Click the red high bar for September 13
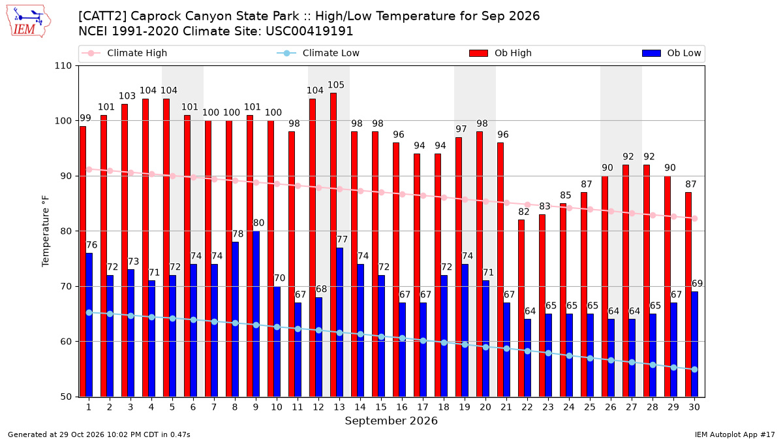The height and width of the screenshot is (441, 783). (x=333, y=244)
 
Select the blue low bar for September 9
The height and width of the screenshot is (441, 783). (x=256, y=314)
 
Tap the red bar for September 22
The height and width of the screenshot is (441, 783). (x=521, y=308)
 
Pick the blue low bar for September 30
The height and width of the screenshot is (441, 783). (x=694, y=344)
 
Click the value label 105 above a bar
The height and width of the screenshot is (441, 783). (x=336, y=85)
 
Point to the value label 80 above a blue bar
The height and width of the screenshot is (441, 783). (x=258, y=223)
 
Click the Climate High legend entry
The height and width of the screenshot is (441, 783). (x=125, y=53)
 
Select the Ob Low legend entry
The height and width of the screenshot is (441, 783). (x=671, y=53)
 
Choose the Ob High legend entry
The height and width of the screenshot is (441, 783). (x=500, y=53)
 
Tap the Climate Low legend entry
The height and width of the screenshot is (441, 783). (x=318, y=53)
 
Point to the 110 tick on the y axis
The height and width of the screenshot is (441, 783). (x=63, y=66)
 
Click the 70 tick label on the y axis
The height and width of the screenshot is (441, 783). (x=66, y=286)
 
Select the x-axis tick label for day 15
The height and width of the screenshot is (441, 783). (x=381, y=407)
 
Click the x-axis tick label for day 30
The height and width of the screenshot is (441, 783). (x=694, y=407)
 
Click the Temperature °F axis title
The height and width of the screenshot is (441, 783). (x=46, y=231)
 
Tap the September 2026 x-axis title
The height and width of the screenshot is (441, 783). (x=391, y=421)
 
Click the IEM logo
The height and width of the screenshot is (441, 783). (x=29, y=22)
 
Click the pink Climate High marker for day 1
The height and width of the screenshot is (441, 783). (x=89, y=169)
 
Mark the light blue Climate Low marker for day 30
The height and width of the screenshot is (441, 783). (x=694, y=370)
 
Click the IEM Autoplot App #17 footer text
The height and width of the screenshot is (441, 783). (x=735, y=434)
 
